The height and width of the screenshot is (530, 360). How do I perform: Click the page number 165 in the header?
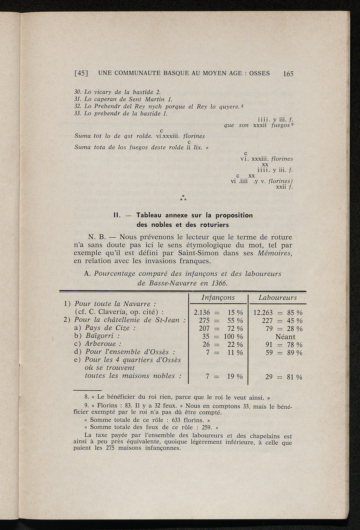point(288,74)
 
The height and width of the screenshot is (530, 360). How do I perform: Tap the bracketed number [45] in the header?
point(81,74)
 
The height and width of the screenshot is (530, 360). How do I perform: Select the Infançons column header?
point(218,298)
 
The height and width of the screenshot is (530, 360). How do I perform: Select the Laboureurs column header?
point(277,298)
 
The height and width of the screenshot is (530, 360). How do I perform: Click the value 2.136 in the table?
point(202,313)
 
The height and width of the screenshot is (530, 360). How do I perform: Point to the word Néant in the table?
point(285,337)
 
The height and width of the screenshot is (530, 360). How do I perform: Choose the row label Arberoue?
point(103,344)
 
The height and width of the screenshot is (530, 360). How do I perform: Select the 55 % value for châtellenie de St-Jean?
point(235,320)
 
